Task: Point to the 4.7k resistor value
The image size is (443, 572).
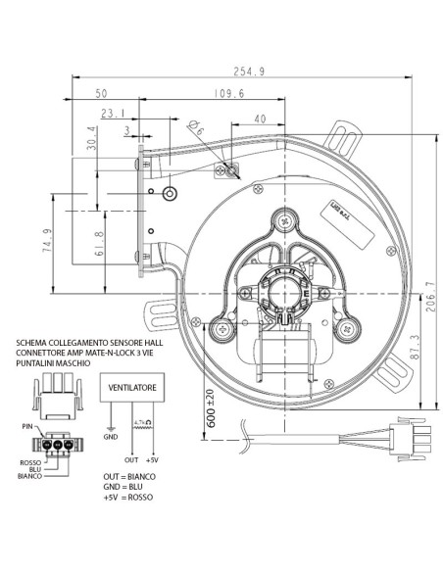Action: tap(146, 421)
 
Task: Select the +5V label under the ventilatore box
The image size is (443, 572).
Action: tap(151, 457)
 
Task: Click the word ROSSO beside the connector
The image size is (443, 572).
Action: tap(32, 461)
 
